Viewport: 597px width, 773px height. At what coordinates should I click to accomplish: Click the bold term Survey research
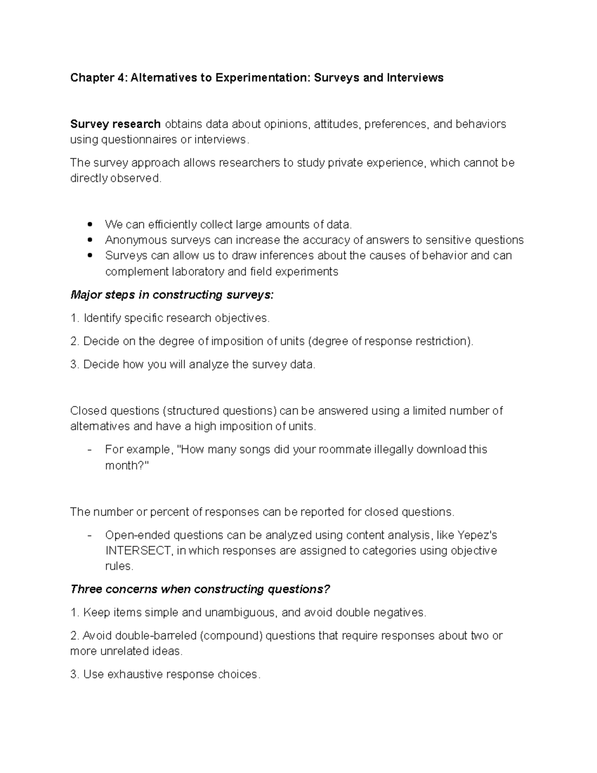115,124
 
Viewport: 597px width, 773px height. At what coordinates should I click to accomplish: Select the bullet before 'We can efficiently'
90,225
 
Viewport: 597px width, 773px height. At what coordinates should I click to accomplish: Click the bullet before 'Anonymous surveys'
90,240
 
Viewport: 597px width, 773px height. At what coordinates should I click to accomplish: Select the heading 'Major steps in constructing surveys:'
172,295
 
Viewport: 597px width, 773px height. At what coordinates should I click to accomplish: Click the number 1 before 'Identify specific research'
74,318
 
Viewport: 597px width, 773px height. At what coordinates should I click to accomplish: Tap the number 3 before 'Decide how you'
74,364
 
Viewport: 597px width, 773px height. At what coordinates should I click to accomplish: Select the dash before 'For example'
90,449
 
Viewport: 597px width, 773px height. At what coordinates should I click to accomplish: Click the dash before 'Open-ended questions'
90,535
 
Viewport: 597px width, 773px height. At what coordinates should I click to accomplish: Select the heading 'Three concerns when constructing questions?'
200,589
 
